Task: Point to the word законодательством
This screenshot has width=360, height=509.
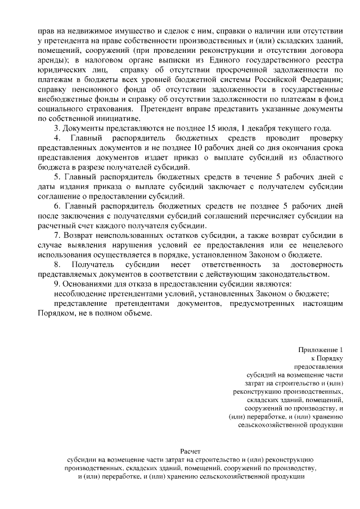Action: pos(291,274)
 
